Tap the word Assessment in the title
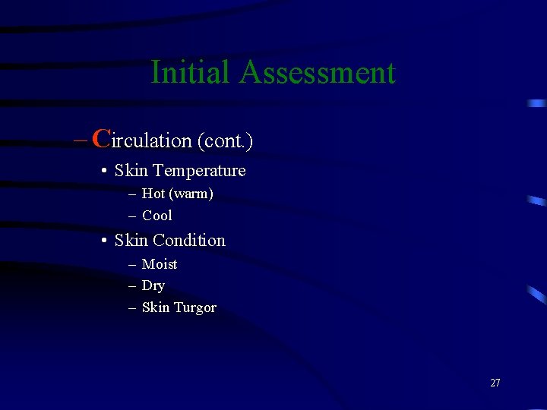click(x=318, y=73)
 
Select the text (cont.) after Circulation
click(x=225, y=141)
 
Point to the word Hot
click(x=153, y=194)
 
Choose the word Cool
click(x=157, y=216)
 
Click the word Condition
click(x=189, y=241)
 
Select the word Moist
click(x=160, y=264)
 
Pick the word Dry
click(x=153, y=286)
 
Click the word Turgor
click(x=195, y=308)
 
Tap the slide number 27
click(x=495, y=383)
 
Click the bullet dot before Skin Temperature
click(x=103, y=171)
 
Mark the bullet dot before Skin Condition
click(x=103, y=241)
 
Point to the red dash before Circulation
click(x=81, y=140)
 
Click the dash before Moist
click(x=132, y=264)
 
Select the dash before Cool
click(x=132, y=216)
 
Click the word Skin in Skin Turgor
click(x=156, y=307)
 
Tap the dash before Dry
click(x=132, y=286)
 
